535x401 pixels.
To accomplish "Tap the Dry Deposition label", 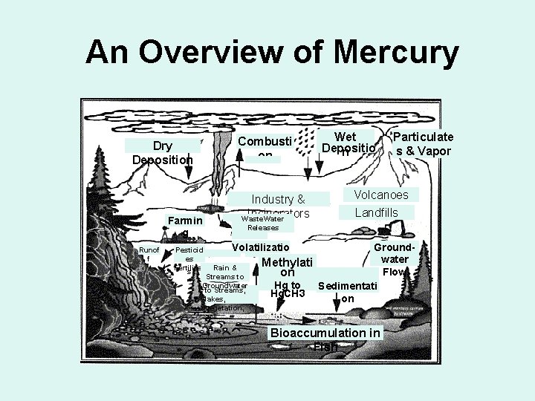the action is pos(163,153).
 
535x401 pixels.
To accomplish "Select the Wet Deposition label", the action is pos(346,143).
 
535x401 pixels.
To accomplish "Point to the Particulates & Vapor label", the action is pos(423,144).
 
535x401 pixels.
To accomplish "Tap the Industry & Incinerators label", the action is pos(279,206).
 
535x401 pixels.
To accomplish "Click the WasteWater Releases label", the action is pos(263,224).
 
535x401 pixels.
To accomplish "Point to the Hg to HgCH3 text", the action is pos(288,290).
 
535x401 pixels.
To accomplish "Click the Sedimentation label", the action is pos(348,292).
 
